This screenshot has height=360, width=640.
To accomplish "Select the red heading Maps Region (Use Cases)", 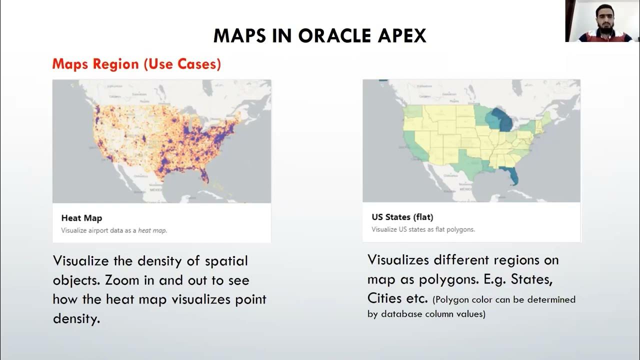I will pos(136,64).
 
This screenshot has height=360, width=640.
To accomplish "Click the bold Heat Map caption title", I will pos(81,218).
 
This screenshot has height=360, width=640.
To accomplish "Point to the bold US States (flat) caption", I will pos(402,217).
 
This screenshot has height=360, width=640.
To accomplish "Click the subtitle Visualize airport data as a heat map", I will pos(114,230).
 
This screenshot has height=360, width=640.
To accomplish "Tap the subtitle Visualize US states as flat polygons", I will pos(423,229).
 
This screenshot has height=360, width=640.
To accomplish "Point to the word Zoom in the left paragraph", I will pos(118,280).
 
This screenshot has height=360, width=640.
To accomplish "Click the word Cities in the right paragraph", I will pos(384,298).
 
